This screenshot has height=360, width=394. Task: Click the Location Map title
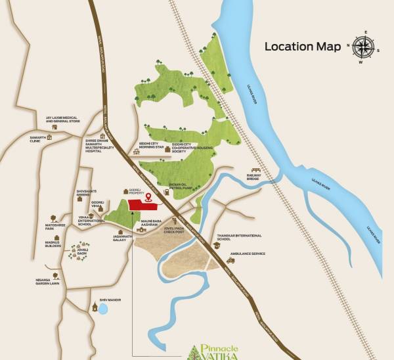tap(303, 47)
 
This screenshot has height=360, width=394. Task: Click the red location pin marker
tap(148, 196)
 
